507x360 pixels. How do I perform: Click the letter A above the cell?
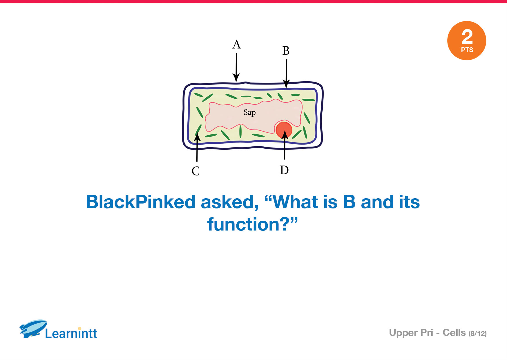[x=237, y=44]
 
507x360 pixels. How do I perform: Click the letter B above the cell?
[x=286, y=51]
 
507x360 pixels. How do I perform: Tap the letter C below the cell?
[x=196, y=171]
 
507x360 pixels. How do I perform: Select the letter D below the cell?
[x=284, y=170]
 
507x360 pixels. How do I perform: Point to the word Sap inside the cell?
[x=250, y=112]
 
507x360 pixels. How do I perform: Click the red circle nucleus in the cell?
[x=284, y=130]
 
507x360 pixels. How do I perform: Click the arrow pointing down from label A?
[x=236, y=68]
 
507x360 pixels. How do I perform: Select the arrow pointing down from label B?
[x=286, y=74]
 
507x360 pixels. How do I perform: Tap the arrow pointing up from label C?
[x=197, y=147]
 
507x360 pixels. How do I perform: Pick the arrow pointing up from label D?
[x=285, y=145]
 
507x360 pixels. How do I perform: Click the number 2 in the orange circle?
[x=467, y=37]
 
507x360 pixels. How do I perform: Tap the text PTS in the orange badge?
[x=467, y=50]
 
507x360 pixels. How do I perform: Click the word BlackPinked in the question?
[x=141, y=202]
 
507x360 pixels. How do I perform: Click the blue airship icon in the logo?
[x=33, y=329]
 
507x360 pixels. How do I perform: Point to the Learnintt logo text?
[x=71, y=333]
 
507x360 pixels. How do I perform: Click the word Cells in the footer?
[x=454, y=333]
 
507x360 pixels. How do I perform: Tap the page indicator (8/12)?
[x=477, y=334]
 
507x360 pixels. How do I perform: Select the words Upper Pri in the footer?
[x=411, y=333]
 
